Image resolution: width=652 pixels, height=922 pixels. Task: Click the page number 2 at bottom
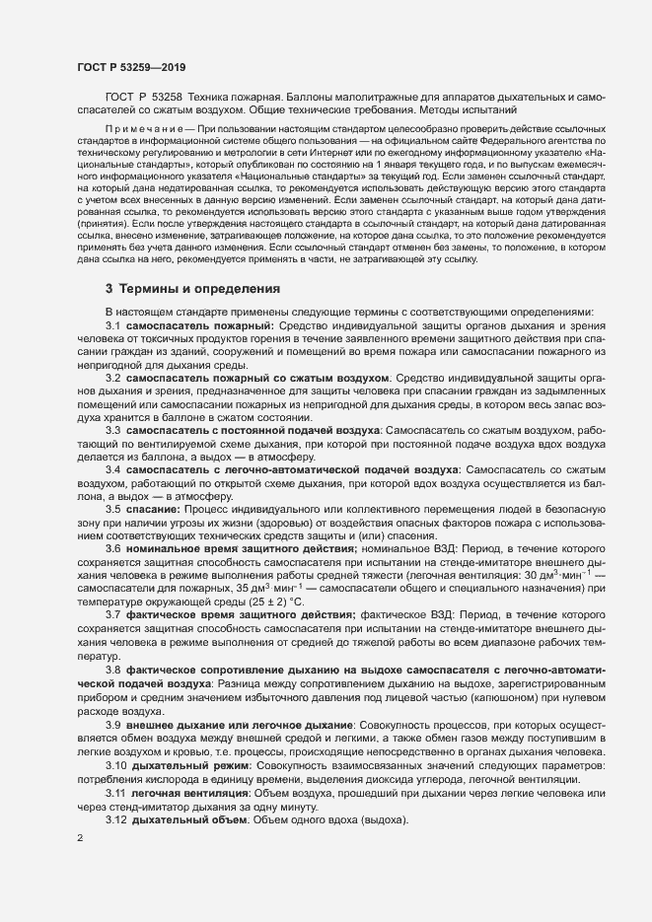[x=80, y=838]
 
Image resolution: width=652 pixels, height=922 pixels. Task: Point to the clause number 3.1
[x=112, y=324]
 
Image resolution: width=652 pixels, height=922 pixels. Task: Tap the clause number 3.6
[x=112, y=545]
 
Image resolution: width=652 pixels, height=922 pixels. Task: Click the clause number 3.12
[x=116, y=820]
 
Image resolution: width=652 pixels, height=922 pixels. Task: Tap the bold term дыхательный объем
[x=189, y=820]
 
